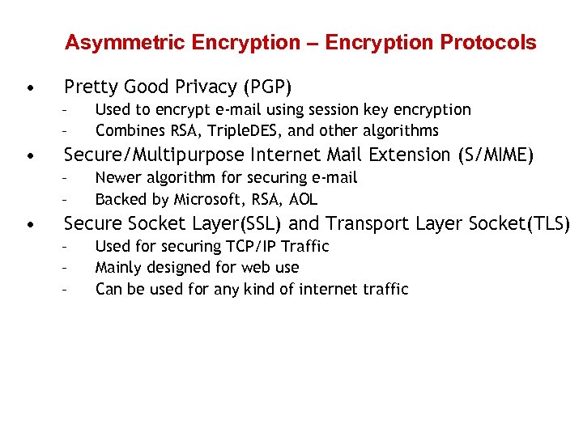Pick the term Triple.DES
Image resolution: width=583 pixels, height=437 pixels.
248,130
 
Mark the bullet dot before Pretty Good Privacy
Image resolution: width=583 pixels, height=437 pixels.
29,87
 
